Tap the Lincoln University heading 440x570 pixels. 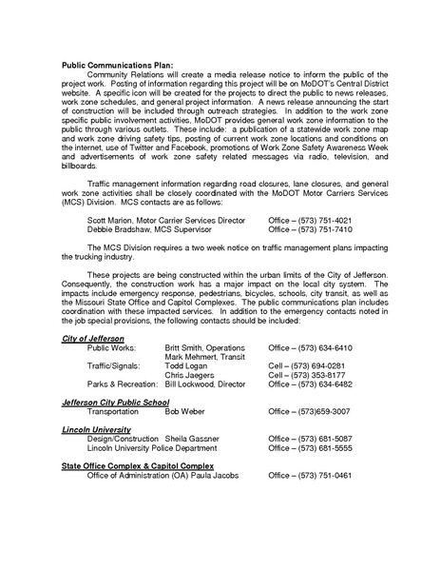point(95,430)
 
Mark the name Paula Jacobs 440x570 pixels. point(217,475)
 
